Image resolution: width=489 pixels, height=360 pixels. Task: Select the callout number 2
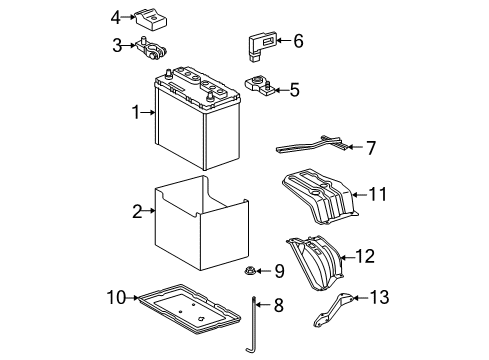[x=137, y=211]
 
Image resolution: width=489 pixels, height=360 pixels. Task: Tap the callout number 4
[x=116, y=17]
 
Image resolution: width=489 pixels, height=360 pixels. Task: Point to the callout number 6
[x=297, y=41]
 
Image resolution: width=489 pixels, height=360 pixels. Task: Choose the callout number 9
[x=279, y=270]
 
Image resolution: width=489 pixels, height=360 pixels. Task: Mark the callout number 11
[x=379, y=194]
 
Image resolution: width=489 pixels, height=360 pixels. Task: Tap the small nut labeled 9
[x=251, y=271]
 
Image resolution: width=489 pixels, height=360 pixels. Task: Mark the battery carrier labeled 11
[x=320, y=197]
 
